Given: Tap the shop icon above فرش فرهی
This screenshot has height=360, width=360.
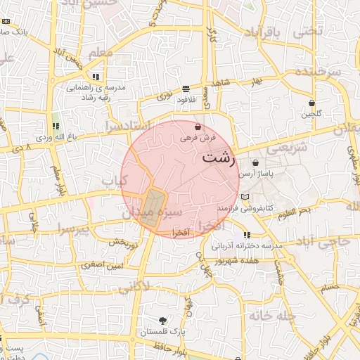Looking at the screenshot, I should pyautogui.click(x=198, y=127).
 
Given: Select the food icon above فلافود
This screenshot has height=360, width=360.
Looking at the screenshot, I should pyautogui.click(x=186, y=89).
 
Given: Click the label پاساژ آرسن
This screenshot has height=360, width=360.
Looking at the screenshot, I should pyautogui.click(x=255, y=173).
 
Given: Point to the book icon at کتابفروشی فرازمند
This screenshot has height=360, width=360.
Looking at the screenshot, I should pyautogui.click(x=245, y=197).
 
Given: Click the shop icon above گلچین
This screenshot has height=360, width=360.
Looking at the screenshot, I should pyautogui.click(x=312, y=103).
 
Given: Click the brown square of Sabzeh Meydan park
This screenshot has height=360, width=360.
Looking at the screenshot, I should pyautogui.click(x=152, y=208).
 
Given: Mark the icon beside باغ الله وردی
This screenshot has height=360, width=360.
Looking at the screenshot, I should pyautogui.click(x=56, y=127).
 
